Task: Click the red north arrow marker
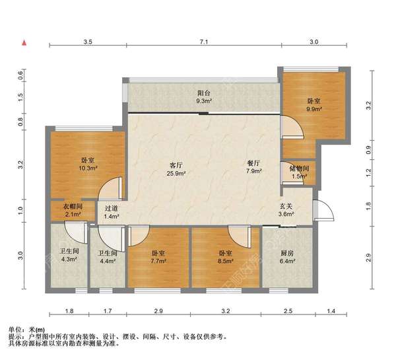pos(24,43)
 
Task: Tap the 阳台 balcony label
pos(204,93)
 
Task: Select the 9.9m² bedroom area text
pos(314,109)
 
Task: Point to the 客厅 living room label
pos(176,165)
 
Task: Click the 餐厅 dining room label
pos(253,163)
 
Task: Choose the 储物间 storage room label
pos(300,168)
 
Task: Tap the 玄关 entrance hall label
pos(286,206)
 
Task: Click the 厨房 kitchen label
pos(287,253)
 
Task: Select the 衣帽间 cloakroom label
pos(73,207)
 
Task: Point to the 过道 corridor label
pos(112,209)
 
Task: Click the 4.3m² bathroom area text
pos(69,259)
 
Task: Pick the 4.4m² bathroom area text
pos(108,261)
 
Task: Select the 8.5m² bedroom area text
pos(226,261)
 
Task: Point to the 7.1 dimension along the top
pos(204,42)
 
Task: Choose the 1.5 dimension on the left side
pos(20,96)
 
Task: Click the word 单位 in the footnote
pos(14,330)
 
